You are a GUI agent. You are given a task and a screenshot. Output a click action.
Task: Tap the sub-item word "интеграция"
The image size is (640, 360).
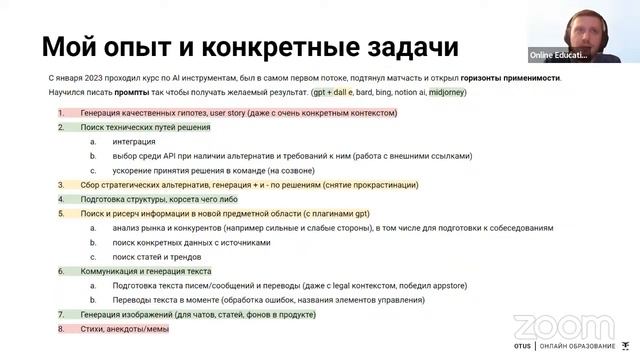click(133, 142)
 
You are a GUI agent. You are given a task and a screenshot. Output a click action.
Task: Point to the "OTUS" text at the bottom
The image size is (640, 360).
click(522, 349)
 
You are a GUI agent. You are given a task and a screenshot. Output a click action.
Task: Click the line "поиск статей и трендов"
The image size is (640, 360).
click(159, 256)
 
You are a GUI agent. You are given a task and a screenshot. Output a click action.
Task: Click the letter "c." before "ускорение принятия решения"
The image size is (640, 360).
click(92, 170)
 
